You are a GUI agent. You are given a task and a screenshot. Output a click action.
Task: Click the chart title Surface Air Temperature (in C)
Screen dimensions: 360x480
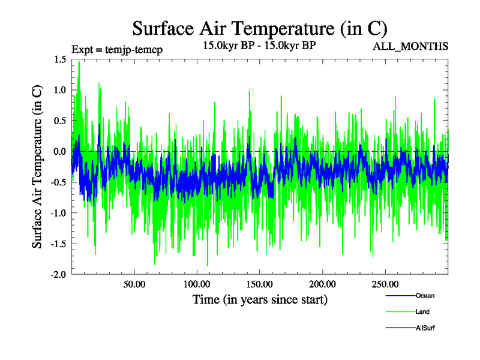[259, 28]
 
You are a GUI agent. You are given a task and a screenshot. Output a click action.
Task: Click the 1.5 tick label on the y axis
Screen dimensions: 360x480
[59, 59]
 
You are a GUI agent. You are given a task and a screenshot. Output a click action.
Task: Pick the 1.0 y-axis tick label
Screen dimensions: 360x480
[59, 89]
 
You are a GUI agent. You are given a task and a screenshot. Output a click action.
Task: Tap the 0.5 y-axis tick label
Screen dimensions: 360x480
[59, 121]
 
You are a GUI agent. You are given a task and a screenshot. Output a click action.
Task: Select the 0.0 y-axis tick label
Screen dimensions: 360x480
[59, 151]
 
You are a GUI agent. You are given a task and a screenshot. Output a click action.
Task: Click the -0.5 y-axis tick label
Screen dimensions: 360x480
[58, 182]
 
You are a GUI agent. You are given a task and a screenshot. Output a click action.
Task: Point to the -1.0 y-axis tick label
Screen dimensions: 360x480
[58, 213]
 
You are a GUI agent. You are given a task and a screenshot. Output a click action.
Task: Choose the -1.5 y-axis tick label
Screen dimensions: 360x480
[58, 244]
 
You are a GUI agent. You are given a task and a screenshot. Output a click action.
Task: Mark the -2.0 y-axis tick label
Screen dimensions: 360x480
[58, 275]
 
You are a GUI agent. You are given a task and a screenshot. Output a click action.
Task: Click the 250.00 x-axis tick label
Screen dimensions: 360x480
[385, 283]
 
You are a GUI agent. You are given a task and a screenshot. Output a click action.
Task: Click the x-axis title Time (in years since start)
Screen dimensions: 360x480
[260, 299]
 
